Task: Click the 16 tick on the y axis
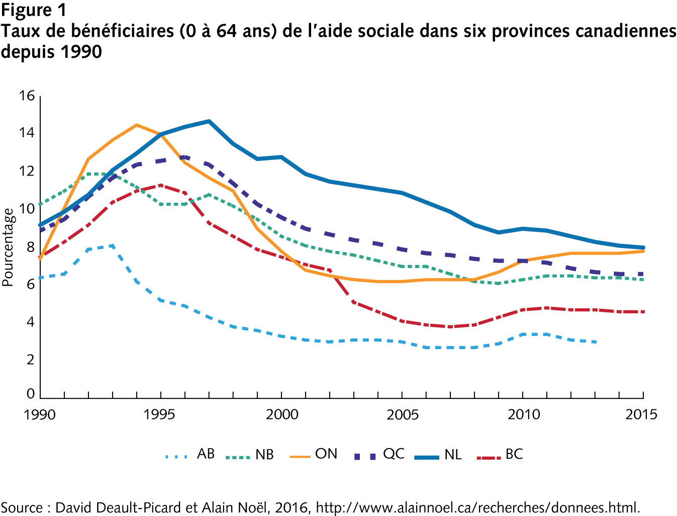coord(27,96)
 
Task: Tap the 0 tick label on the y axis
coord(31,394)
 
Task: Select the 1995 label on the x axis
coord(159,414)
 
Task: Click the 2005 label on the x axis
coord(402,414)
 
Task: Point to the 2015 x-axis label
coord(642,414)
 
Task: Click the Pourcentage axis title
coord(8,247)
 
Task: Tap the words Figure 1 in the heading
coord(33,10)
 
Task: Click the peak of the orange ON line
coord(136,125)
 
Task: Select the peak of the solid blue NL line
coord(209,121)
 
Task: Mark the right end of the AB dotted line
coord(596,342)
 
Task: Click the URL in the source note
coord(477,507)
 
